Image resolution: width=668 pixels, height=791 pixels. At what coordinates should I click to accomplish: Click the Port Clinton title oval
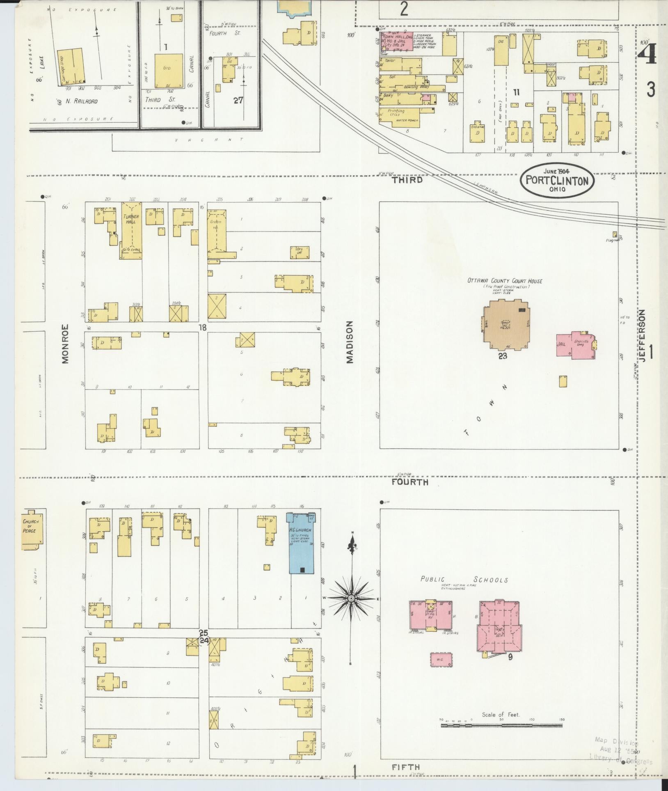[x=557, y=180]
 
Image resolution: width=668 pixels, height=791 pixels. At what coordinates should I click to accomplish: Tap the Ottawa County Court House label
[x=505, y=281]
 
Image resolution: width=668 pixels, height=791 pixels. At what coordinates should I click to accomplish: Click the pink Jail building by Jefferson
[x=574, y=345]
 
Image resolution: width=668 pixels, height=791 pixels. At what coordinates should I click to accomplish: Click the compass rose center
[x=351, y=598]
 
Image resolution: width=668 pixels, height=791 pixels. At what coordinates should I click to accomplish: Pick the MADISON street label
[x=349, y=342]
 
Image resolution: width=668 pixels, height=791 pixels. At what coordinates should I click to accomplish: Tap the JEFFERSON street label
[x=641, y=336]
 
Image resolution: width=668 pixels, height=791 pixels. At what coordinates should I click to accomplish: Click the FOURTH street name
[x=409, y=482]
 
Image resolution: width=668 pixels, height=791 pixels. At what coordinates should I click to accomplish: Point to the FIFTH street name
[x=406, y=766]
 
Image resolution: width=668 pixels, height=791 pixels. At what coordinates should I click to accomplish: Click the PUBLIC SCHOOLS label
[x=464, y=580]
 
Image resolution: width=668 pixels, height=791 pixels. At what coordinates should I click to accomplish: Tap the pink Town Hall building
[x=396, y=41]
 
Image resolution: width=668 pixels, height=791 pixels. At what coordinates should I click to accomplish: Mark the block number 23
[x=503, y=355]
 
